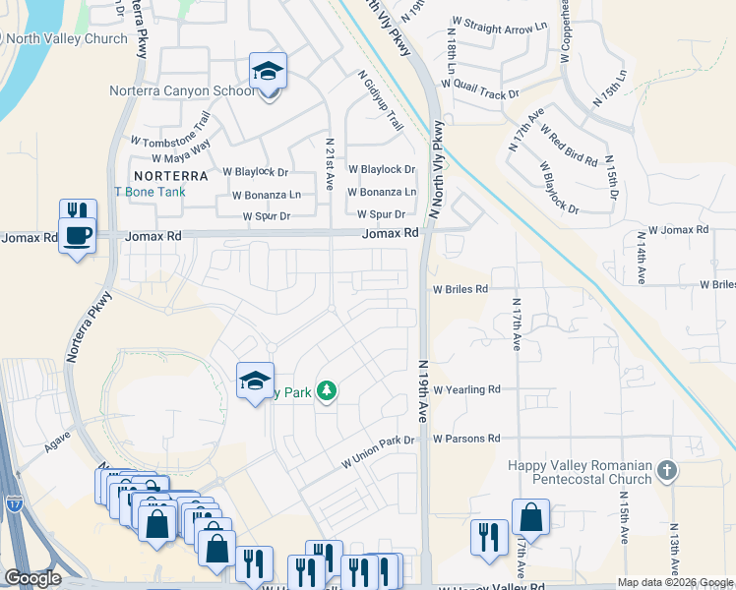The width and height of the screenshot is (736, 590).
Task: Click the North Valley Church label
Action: click(67, 39)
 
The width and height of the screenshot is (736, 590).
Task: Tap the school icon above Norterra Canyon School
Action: click(267, 70)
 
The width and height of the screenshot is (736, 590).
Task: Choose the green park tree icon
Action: click(327, 392)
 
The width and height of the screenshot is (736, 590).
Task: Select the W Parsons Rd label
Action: click(465, 438)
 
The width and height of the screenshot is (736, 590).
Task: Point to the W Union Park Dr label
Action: click(378, 449)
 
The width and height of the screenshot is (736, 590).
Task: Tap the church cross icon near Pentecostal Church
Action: click(668, 470)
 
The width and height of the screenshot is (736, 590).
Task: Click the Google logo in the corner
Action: click(32, 578)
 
